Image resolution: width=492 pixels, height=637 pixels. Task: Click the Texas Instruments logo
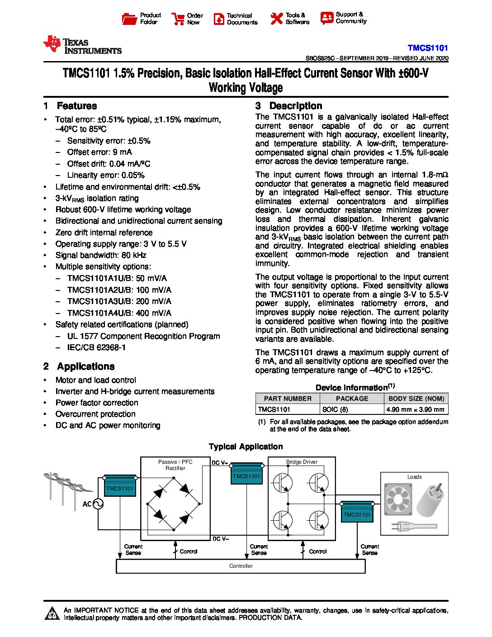pos(82,45)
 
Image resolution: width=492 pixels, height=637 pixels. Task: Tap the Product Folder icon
pos(129,19)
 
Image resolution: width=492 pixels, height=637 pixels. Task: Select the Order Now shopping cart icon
pos(178,19)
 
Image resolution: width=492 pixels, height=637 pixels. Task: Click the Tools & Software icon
pos(276,19)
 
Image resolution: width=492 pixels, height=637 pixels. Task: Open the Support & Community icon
pos(326,18)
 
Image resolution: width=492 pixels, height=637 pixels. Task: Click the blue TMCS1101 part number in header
pos(427,48)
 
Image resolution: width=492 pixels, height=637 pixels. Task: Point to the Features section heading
pos(76,106)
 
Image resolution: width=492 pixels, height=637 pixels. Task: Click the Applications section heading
pos(85,366)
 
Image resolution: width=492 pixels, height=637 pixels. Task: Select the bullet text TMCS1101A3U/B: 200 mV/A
pos(119,301)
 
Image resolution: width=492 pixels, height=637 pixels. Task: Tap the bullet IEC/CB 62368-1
pos(96,347)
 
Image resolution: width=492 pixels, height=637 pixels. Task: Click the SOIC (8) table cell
pos(335,409)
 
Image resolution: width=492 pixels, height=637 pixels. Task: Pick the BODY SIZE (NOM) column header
pos(416,399)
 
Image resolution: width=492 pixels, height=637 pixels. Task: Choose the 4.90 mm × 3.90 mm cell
pos(415,409)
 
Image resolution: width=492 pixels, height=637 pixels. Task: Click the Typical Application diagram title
pos(246,447)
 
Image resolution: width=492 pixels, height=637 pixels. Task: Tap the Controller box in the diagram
pos(241,566)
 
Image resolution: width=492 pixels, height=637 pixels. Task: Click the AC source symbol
pos(98,504)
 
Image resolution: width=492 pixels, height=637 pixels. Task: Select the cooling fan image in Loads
pos(398,499)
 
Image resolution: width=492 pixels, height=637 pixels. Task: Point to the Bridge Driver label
pos(302,462)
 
